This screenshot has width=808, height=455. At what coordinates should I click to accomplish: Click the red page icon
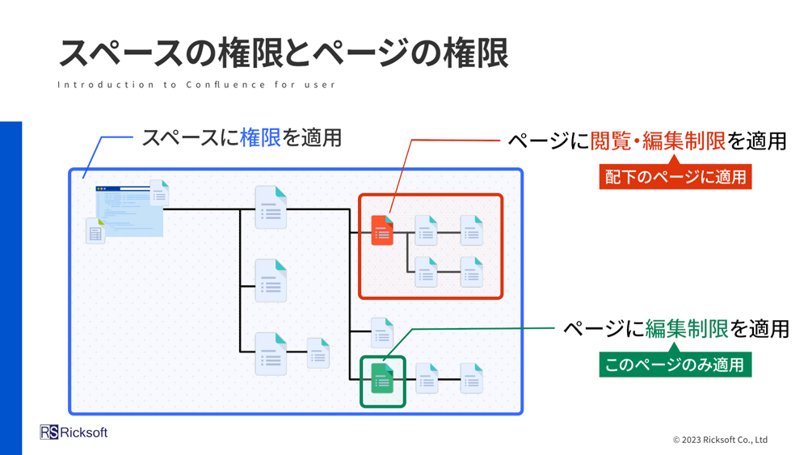(382, 230)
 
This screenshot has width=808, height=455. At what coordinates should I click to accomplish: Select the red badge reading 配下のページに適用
(675, 177)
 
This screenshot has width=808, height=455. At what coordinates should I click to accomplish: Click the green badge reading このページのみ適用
(675, 364)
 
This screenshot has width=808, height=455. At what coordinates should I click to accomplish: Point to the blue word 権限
(260, 138)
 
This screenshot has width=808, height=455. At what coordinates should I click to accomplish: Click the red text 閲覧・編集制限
(658, 141)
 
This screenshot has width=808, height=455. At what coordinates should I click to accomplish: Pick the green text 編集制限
(687, 329)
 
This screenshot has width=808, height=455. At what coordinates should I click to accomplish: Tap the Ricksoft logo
(74, 432)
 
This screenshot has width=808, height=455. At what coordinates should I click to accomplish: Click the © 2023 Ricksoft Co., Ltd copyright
(720, 440)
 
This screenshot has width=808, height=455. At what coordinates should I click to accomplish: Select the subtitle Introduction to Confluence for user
(196, 85)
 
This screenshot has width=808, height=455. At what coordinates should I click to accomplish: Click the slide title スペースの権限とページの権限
(284, 53)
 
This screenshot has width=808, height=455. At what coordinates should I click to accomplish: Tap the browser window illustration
(129, 211)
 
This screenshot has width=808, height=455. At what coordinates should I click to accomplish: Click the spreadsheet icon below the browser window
(95, 231)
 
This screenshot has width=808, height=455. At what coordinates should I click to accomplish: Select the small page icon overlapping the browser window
(159, 192)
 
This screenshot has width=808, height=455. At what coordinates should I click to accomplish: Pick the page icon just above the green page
(382, 333)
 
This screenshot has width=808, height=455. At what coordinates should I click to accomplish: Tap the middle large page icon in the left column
(271, 280)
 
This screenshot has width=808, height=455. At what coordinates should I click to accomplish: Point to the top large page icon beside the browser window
(271, 208)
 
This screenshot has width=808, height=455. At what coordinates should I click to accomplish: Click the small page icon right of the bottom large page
(318, 353)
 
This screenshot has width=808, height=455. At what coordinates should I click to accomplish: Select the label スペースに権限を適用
(242, 138)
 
